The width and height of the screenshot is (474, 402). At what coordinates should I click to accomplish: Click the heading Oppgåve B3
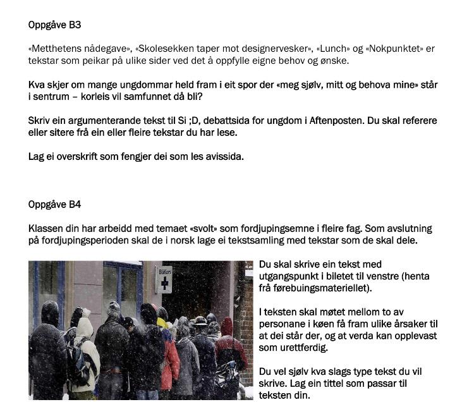click(x=54, y=25)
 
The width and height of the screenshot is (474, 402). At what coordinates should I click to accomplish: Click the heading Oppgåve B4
click(x=54, y=205)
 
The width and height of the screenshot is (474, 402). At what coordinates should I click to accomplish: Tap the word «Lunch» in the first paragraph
click(x=329, y=49)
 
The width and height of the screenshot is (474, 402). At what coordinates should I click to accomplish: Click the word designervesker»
click(x=279, y=49)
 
